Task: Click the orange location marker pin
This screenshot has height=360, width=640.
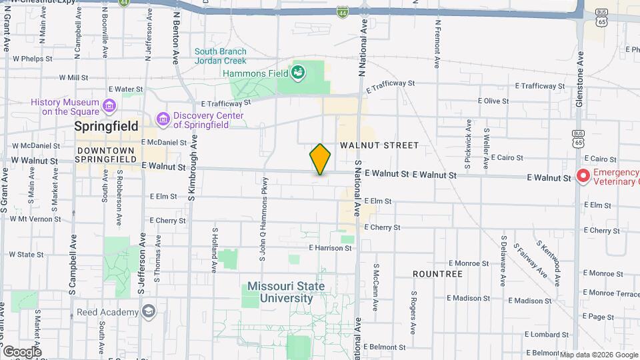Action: click(320, 159)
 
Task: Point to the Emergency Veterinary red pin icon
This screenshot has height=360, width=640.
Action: click(583, 177)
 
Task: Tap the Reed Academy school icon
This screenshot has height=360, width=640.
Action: click(148, 311)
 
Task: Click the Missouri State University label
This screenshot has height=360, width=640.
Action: click(286, 292)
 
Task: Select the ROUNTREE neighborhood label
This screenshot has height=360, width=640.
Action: click(437, 274)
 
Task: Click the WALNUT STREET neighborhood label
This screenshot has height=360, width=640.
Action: click(379, 145)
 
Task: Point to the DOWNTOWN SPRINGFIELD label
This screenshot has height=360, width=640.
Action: click(105, 155)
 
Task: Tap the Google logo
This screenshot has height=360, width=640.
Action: click(22, 351)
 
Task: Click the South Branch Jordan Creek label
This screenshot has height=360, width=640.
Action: click(220, 56)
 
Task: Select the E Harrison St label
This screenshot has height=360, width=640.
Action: click(330, 248)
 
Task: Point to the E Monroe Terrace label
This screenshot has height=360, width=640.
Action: click(611, 293)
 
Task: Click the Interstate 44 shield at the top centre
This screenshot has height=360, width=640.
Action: click(342, 12)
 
